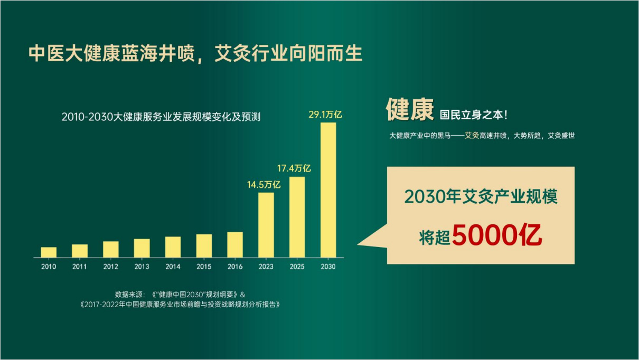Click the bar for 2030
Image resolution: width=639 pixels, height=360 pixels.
point(328,190)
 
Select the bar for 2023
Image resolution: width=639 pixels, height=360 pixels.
point(266,225)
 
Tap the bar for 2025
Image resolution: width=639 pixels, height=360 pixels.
point(297,217)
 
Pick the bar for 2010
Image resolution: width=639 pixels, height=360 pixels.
point(49,252)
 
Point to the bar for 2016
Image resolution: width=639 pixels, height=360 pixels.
point(235,245)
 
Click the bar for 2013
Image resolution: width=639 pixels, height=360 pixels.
point(142,248)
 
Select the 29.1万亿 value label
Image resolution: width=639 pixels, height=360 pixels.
point(325,115)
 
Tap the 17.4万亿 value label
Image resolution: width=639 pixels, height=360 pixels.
point(294,168)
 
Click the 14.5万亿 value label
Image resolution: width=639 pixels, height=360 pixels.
point(264,185)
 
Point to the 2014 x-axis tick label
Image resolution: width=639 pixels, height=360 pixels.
point(173,267)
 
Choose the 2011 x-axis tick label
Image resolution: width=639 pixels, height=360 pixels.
point(80,267)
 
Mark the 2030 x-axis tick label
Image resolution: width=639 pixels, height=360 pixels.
point(328,267)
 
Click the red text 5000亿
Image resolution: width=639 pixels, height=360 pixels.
point(497,235)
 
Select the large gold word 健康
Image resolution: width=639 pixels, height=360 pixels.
point(410,110)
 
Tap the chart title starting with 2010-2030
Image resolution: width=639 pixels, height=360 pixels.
point(161,117)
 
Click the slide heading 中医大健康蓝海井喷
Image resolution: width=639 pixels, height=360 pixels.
point(111,53)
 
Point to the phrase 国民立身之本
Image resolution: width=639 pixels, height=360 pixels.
point(471,115)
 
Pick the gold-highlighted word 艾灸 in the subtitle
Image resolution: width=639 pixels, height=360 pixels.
point(472,135)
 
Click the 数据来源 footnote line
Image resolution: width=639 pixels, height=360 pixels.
point(180,295)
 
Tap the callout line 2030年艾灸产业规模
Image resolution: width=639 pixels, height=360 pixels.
point(481,196)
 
